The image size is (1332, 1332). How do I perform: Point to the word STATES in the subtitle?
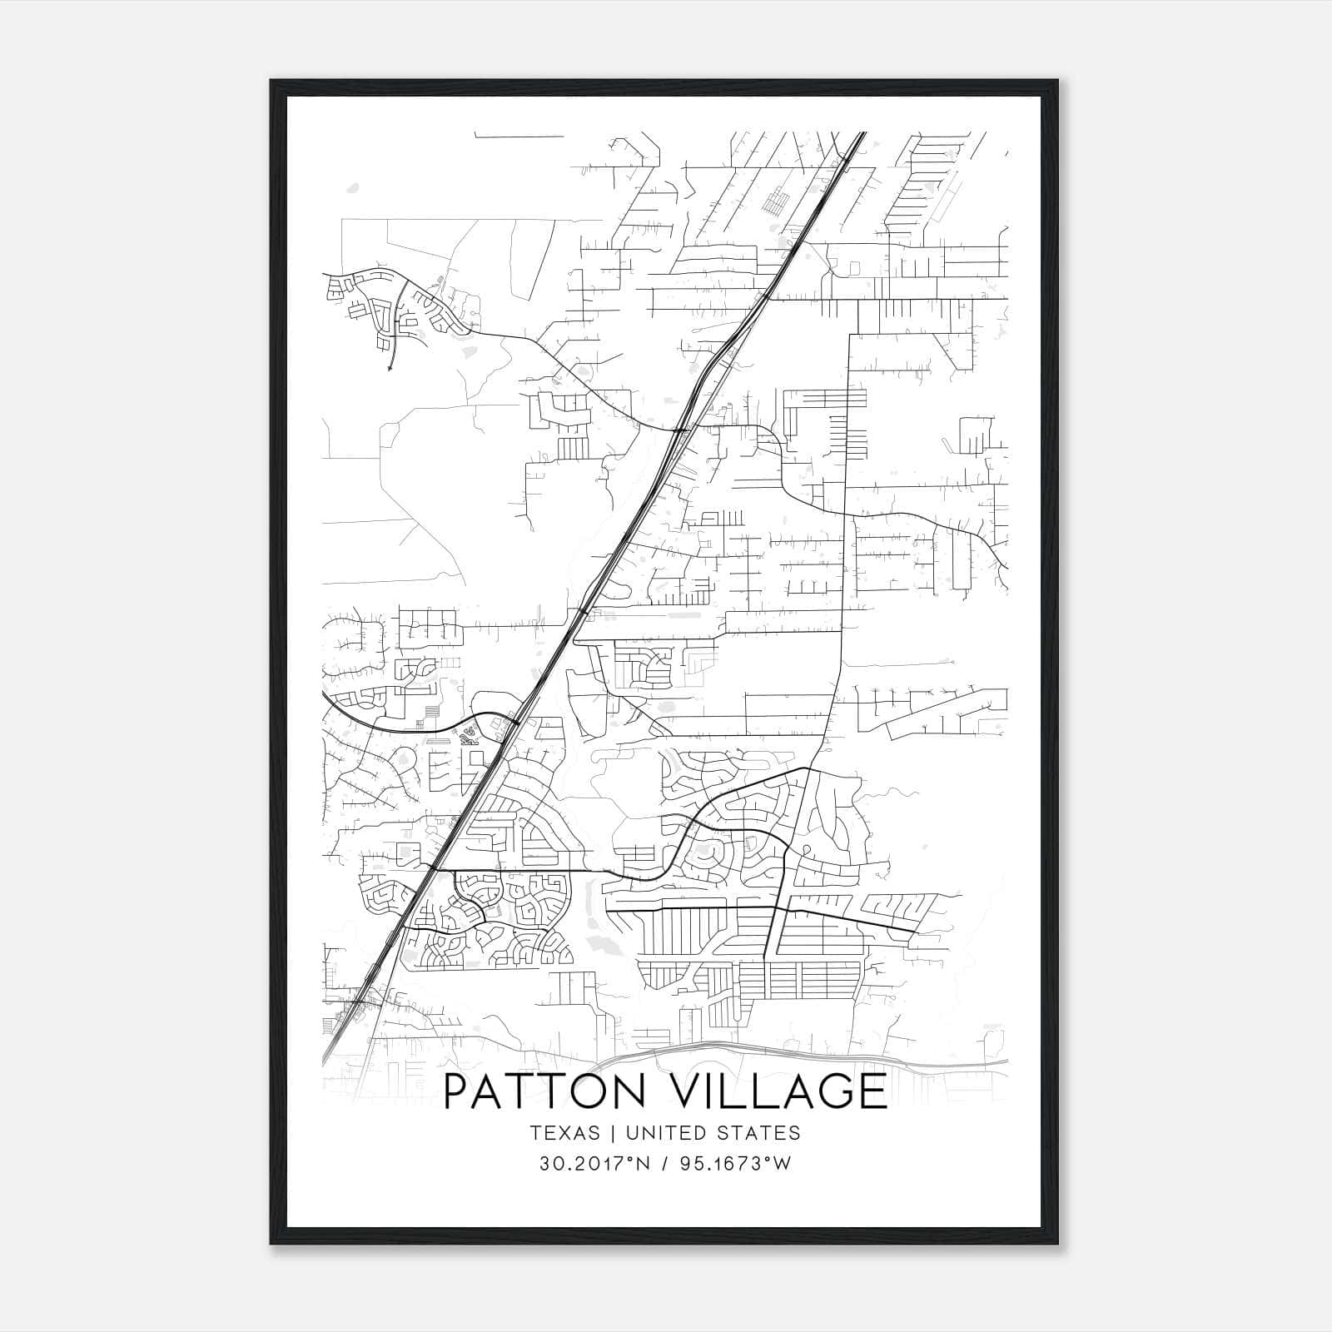[x=762, y=1133]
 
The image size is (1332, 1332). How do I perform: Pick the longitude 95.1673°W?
[x=734, y=1164]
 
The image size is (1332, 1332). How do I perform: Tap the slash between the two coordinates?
[x=663, y=1164]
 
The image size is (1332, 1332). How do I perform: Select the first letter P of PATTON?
[x=459, y=1091]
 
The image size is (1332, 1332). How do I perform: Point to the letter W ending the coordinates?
[x=782, y=1164]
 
